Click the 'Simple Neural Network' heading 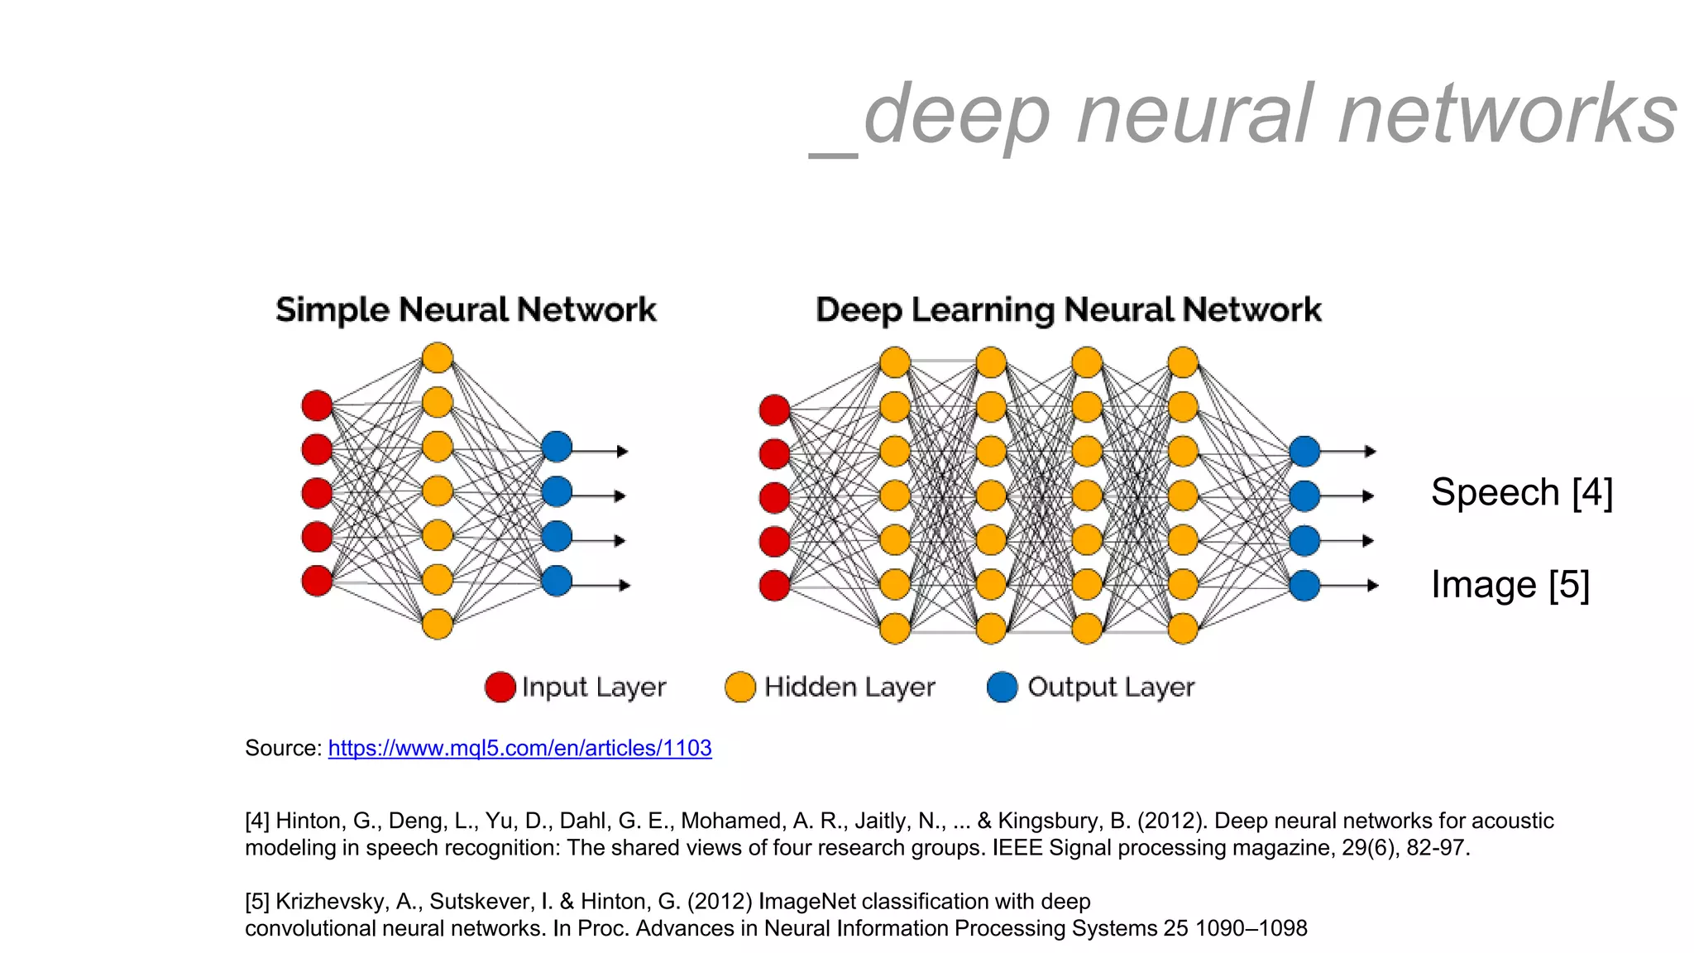click(x=466, y=310)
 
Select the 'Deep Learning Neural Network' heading click(x=1068, y=310)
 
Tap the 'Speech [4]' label click(x=1521, y=492)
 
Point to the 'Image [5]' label click(x=1510, y=585)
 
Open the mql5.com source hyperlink click(x=519, y=748)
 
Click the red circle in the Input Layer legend click(x=500, y=687)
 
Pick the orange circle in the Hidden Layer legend click(x=739, y=687)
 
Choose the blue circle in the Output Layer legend click(x=1002, y=687)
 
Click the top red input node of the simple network click(x=317, y=405)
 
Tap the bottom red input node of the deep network click(x=774, y=585)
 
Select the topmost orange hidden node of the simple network click(x=437, y=358)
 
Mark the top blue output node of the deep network click(x=1304, y=452)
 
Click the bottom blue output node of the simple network click(x=557, y=581)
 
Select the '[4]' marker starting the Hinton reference click(x=257, y=821)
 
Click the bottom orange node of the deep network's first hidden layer click(x=894, y=629)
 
